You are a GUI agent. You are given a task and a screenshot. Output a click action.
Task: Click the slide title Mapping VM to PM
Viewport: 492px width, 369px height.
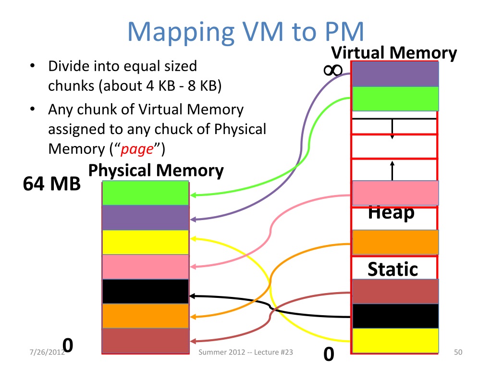click(x=246, y=31)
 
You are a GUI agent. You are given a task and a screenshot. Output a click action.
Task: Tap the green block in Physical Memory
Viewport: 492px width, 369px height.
click(x=145, y=193)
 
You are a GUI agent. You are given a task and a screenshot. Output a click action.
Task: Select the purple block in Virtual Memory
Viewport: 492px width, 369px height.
click(x=395, y=74)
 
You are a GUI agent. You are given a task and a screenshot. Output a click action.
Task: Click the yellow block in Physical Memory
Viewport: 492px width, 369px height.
click(x=145, y=242)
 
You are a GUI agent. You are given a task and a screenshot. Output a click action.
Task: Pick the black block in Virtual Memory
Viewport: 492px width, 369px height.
click(x=395, y=316)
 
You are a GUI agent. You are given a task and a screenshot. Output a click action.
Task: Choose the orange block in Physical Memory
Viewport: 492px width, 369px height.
click(x=145, y=316)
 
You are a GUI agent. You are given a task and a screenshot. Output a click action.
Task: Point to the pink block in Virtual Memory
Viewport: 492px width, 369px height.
click(x=395, y=193)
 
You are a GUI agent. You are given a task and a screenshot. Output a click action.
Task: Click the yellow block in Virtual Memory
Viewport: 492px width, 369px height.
click(x=395, y=340)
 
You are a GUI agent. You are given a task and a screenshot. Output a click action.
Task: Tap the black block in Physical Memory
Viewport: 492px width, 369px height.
click(x=145, y=291)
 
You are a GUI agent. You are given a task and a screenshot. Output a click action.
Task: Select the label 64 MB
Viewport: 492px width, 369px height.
click(x=52, y=184)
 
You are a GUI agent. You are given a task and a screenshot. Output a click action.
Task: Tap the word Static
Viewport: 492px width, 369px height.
click(x=393, y=269)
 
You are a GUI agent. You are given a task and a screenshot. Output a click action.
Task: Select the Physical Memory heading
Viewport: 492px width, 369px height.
click(x=156, y=171)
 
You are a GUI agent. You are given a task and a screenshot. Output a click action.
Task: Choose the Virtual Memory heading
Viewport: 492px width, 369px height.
click(x=394, y=52)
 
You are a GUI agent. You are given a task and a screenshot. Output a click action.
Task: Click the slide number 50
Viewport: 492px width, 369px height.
click(x=458, y=353)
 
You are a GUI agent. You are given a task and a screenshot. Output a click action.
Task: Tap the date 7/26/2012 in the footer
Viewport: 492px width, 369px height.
click(x=46, y=353)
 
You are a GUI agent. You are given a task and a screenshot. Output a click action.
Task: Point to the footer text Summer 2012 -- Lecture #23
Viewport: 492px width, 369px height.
click(x=246, y=353)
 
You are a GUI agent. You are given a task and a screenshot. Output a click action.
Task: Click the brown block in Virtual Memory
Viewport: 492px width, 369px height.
click(x=395, y=291)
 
